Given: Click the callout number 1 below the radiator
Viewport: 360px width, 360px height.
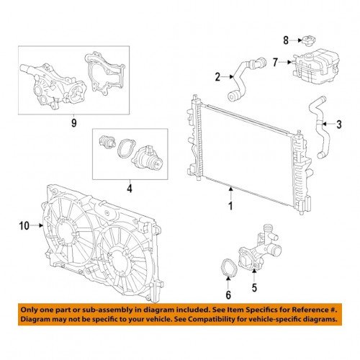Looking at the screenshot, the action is point(230,206).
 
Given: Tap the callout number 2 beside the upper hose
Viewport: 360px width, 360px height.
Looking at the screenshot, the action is point(217,77).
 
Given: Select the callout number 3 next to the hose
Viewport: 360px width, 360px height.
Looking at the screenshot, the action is point(338,125).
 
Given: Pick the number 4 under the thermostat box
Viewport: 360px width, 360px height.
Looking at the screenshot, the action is point(130,189).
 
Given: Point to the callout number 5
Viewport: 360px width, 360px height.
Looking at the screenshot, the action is point(254,287).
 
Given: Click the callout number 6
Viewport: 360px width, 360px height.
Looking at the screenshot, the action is point(228,295).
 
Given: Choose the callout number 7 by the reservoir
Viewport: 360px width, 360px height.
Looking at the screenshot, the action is point(275,63).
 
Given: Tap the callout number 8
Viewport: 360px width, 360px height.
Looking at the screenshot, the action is point(286,40).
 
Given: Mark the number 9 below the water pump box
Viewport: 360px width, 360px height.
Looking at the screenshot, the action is point(74,123).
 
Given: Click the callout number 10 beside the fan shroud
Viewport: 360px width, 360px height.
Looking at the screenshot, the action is point(24,226).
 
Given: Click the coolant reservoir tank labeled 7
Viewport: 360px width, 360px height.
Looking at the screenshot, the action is point(315,66).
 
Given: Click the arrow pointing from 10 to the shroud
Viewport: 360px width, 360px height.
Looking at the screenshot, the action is point(37,225).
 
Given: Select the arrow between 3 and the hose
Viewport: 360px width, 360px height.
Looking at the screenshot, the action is point(328,124).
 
